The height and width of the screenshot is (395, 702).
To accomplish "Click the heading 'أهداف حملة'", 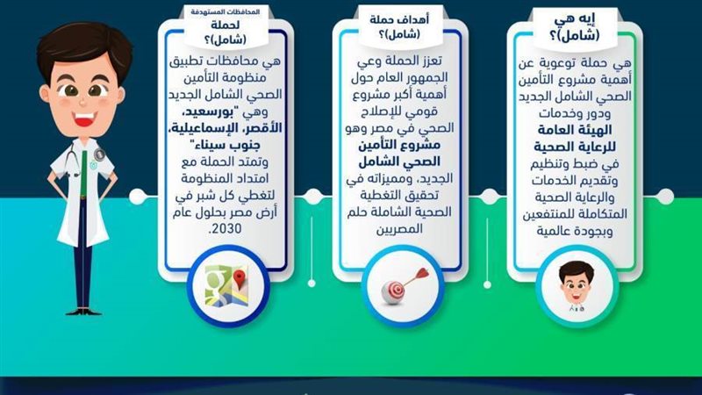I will [398, 18].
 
